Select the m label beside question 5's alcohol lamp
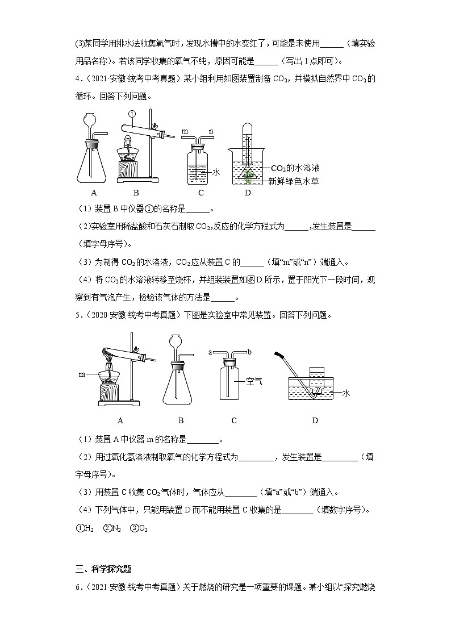82,375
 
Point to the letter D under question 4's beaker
247,193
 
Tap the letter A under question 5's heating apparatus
120,420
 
